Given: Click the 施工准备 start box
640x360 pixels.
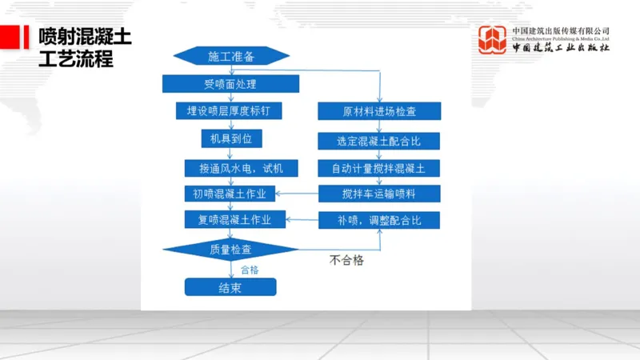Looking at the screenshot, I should tap(230, 56).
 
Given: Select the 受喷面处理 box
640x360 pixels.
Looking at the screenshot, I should tap(230, 83).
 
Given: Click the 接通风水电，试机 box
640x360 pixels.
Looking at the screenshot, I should tap(230, 168).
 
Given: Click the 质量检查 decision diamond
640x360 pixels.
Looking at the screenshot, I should tap(230, 250).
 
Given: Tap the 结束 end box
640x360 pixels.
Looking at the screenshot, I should tap(230, 287).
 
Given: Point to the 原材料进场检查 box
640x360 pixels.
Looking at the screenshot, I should tap(379, 111).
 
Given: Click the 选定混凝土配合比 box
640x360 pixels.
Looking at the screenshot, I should tap(379, 141).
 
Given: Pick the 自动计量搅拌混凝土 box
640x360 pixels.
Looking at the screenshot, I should tap(379, 168).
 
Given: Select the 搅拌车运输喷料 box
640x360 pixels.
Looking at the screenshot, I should tap(379, 194).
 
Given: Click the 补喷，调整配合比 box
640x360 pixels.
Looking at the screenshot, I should tap(379, 220).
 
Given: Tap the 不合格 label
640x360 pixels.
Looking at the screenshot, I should tap(352, 261).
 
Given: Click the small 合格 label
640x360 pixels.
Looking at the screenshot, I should tap(250, 270).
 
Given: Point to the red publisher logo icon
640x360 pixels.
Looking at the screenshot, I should tap(494, 40).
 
